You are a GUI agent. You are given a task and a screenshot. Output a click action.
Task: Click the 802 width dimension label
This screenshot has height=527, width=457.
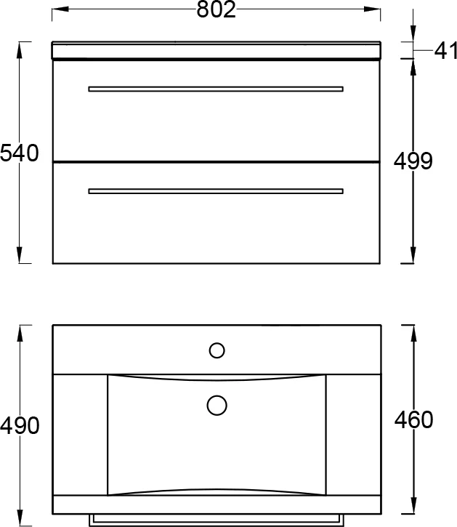(x=216, y=9)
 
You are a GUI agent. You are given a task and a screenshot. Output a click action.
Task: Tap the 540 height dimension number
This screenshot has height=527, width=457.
(x=19, y=153)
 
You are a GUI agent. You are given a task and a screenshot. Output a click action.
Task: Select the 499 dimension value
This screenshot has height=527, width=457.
(x=413, y=161)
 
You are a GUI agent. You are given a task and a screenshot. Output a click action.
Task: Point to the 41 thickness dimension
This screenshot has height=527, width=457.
(x=445, y=51)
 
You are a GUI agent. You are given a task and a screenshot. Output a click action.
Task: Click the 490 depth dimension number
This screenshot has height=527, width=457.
(x=20, y=426)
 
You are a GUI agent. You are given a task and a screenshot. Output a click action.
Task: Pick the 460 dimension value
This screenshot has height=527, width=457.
(x=413, y=420)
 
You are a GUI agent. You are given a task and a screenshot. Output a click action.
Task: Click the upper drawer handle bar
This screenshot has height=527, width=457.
(x=216, y=89)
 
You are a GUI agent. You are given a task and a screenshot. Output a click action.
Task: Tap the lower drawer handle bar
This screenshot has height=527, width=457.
(x=216, y=191)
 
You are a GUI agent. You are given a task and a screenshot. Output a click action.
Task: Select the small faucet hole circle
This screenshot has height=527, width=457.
(x=217, y=350)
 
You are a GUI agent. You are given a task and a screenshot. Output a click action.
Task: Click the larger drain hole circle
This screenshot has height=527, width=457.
(x=217, y=406)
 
